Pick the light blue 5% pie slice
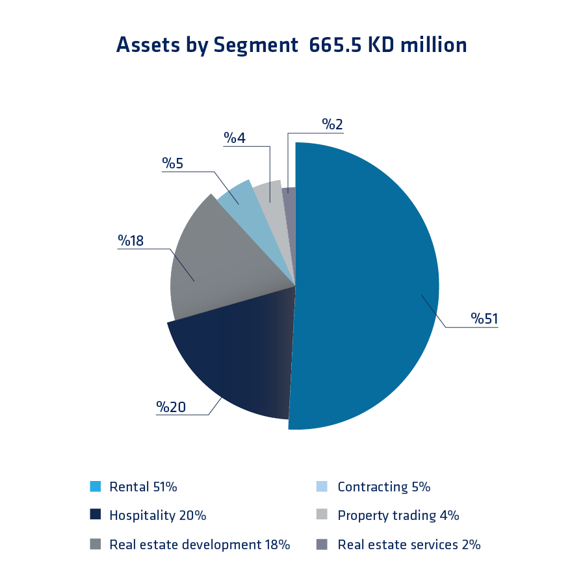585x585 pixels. (x=237, y=198)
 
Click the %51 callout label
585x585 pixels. (x=484, y=318)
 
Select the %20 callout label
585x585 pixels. (x=171, y=407)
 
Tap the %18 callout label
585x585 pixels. (x=131, y=240)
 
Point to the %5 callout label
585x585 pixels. (x=173, y=163)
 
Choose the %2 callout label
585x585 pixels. (x=332, y=124)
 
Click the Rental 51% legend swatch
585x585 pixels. (x=96, y=487)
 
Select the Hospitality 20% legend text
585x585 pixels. (x=157, y=515)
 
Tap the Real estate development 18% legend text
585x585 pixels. (x=200, y=545)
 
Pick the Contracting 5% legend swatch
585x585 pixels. (x=321, y=487)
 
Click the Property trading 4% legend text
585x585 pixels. (x=398, y=515)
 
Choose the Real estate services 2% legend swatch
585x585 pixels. (x=321, y=545)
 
